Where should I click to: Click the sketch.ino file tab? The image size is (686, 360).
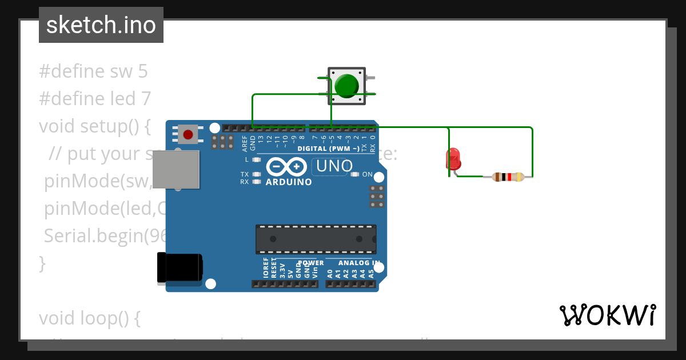coord(101,25)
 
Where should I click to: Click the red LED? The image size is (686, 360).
coord(453,159)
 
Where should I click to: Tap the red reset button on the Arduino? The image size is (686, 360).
coord(188,134)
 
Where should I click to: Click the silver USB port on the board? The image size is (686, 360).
coord(176,169)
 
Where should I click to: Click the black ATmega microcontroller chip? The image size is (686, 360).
coord(316,239)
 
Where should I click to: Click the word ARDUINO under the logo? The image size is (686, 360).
coord(289,182)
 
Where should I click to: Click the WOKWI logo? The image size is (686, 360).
coord(607,315)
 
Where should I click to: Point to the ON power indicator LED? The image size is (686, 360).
coord(355,174)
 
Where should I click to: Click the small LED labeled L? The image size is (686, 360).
coord(256,159)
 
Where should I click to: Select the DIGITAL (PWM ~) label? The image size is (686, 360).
coord(328,149)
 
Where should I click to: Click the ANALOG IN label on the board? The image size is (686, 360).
coord(359,263)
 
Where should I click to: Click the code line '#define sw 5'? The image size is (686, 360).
coord(93,71)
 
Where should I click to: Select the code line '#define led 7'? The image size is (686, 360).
coord(95,99)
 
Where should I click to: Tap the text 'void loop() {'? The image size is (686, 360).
coord(89,318)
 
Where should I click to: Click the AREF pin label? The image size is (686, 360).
coord(245,141)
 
